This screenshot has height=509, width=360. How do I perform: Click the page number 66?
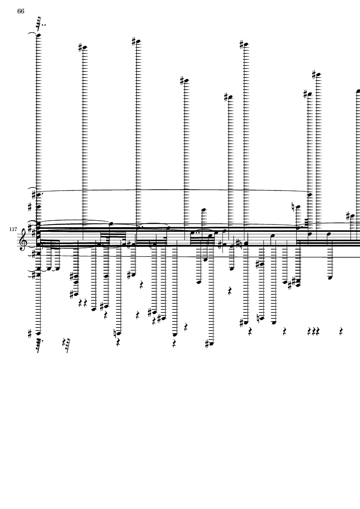(x=21, y=11)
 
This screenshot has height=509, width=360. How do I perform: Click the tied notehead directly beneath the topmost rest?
(x=38, y=35)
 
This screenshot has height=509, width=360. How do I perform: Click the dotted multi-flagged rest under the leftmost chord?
(x=39, y=343)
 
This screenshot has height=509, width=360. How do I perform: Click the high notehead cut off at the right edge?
(x=358, y=91)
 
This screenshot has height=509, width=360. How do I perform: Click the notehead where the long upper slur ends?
(x=310, y=195)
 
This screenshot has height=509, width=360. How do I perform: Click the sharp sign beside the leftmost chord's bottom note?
(x=29, y=333)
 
